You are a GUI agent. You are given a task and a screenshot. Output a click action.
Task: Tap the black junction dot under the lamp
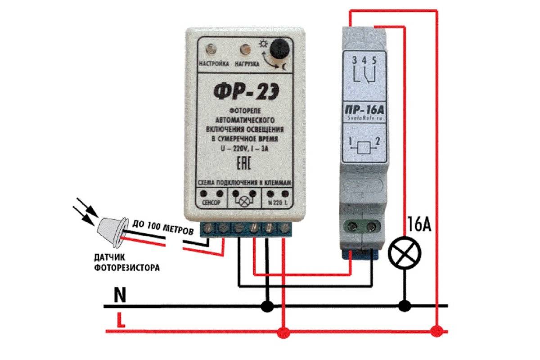pos(405,306)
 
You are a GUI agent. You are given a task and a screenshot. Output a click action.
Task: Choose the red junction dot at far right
pos(436,332)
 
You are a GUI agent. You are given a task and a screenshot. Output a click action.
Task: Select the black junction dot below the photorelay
pos(268,306)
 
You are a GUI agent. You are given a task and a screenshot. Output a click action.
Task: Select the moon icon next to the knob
pos(284,67)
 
